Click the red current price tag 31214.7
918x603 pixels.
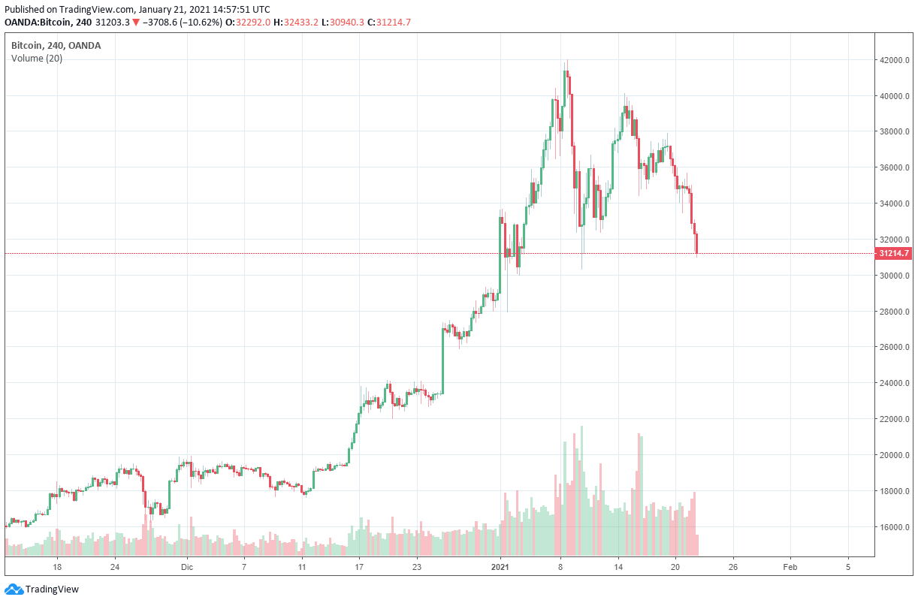click(x=893, y=254)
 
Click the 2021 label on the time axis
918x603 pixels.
click(x=502, y=567)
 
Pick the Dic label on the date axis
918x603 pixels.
click(x=187, y=567)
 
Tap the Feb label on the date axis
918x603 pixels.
click(x=790, y=567)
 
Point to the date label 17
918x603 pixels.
click(x=359, y=567)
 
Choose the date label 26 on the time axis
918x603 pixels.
click(x=732, y=567)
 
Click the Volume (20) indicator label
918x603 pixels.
click(x=37, y=59)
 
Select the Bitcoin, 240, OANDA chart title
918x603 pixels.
click(x=56, y=46)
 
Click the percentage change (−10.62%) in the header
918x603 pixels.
click(x=201, y=23)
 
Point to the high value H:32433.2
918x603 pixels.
click(x=295, y=23)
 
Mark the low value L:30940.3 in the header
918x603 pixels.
click(x=342, y=23)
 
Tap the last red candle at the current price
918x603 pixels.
click(x=697, y=244)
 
